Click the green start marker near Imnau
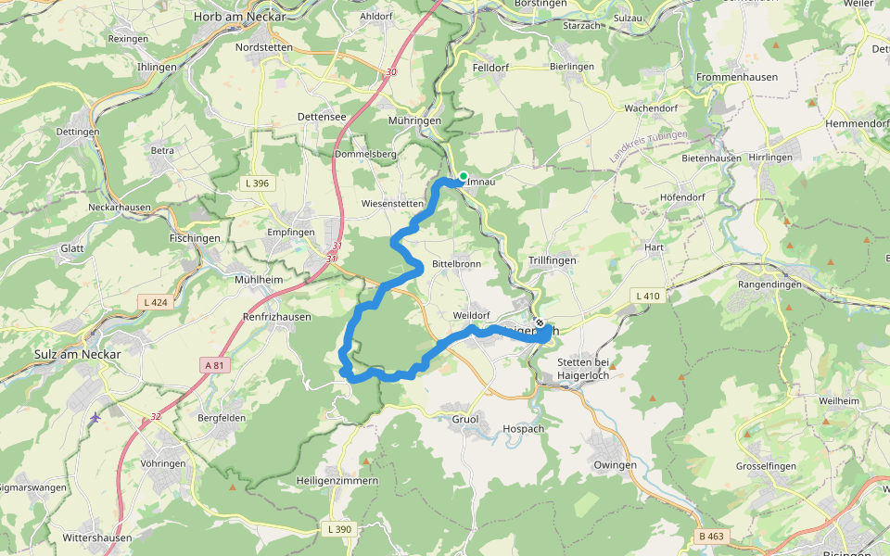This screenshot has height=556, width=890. (x=463, y=176)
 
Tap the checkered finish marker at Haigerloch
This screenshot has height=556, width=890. (x=540, y=322)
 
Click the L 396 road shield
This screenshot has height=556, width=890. (x=259, y=183)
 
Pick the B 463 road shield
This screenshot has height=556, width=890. (x=711, y=537)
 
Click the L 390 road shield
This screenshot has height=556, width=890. (x=340, y=529)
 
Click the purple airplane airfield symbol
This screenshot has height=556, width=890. (x=95, y=418)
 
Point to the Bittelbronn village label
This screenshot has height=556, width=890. (x=456, y=264)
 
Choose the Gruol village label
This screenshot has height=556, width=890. (x=465, y=420)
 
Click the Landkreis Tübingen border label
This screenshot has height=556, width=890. (x=650, y=147)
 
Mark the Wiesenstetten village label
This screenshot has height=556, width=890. (x=391, y=203)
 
